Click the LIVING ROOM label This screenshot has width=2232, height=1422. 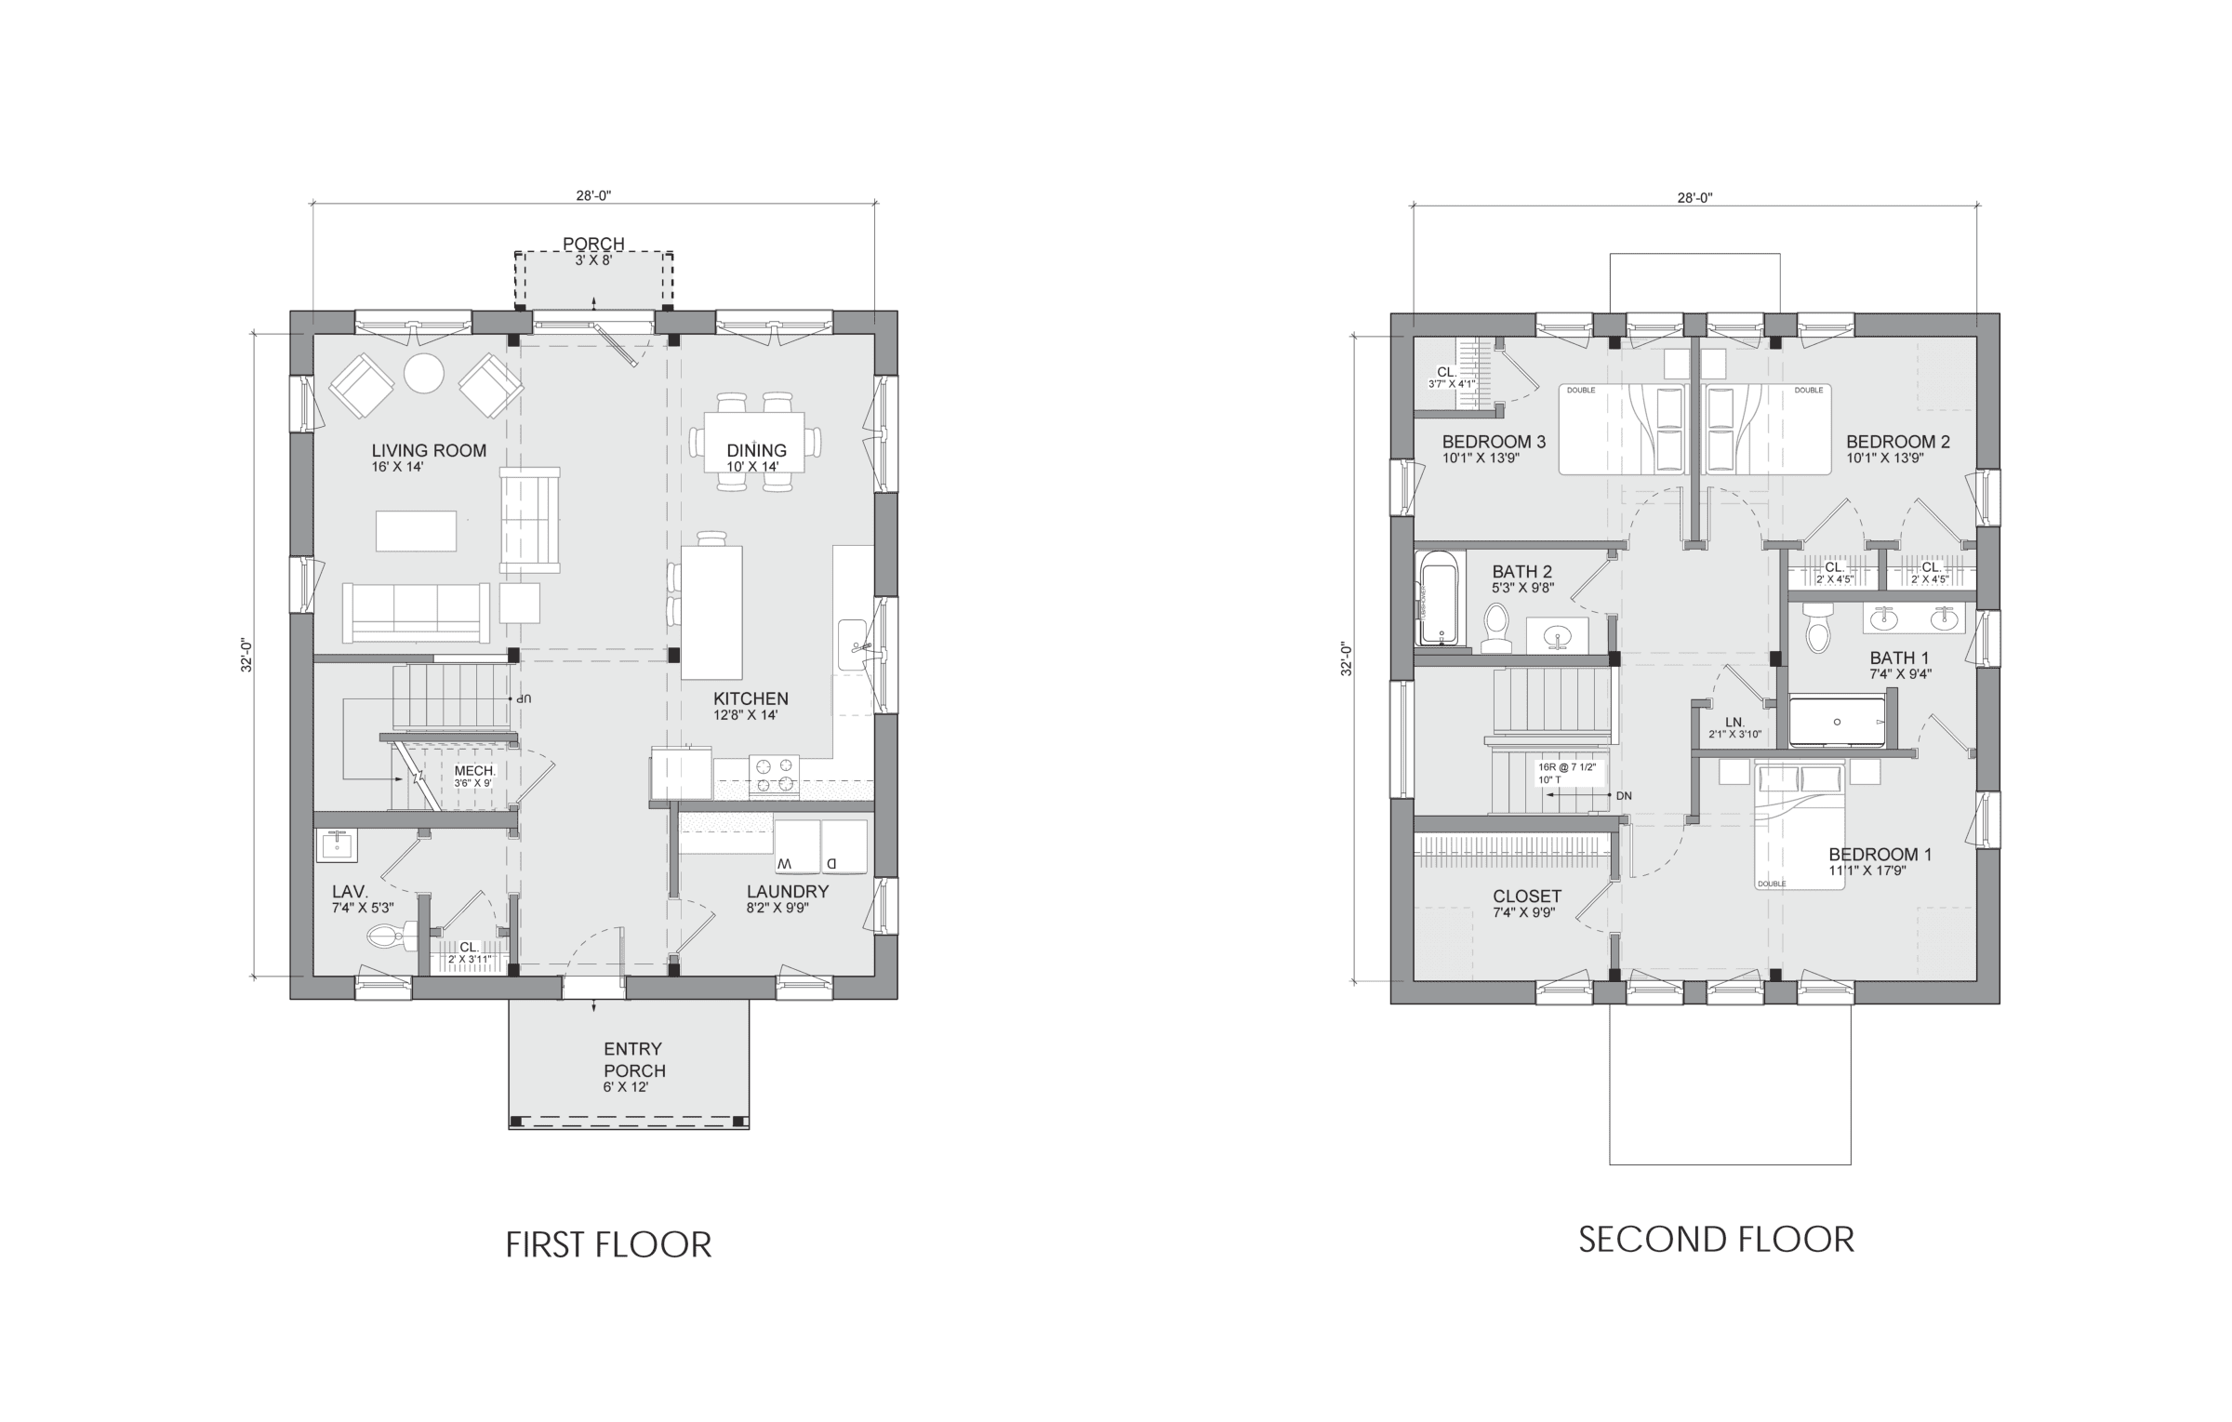pos(429,451)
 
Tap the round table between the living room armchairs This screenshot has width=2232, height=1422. pos(424,373)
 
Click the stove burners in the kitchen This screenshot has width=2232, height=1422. pos(776,776)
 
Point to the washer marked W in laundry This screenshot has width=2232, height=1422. pos(797,846)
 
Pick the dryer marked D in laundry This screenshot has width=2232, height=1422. pos(844,846)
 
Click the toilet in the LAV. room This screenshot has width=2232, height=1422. pos(385,935)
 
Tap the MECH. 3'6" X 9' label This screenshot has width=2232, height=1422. pos(475,776)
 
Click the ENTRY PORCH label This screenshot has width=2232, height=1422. pos(634,1059)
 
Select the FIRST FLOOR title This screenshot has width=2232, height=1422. pos(608,1244)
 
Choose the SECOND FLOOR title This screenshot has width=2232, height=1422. pos(1716,1239)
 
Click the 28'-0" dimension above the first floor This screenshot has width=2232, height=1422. pos(592,195)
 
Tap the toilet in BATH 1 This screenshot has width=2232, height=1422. pos(1816,631)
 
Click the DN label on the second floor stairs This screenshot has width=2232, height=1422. pos(1624,796)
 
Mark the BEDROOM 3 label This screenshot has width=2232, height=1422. pos(1494,442)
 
